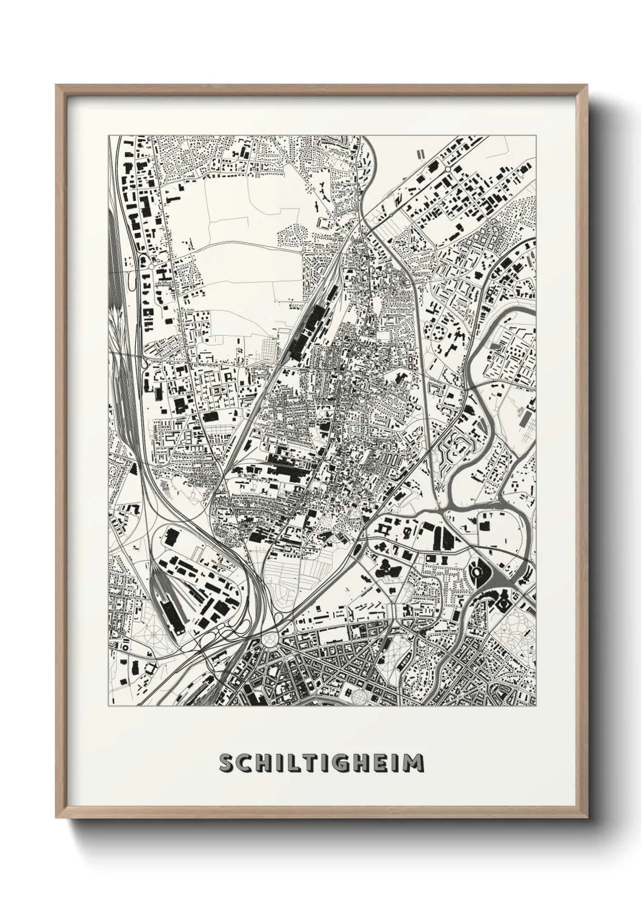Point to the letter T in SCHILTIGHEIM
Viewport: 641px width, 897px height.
(311, 763)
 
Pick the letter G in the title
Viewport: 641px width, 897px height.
(344, 763)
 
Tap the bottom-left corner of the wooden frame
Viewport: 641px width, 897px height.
(57, 817)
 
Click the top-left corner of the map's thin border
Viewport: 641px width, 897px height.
(109, 136)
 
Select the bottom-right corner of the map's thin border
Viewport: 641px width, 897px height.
(536, 706)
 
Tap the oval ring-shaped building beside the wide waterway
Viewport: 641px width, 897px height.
(477, 570)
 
